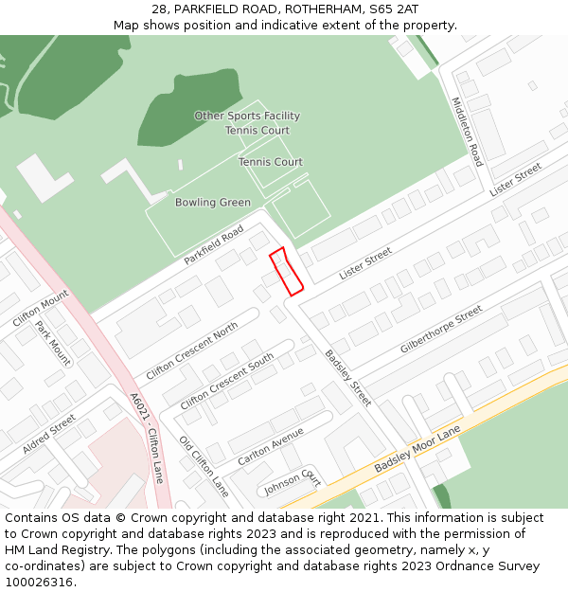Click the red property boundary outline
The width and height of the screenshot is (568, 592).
(286, 271)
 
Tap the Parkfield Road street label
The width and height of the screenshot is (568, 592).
(215, 244)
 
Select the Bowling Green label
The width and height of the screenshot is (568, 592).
(213, 203)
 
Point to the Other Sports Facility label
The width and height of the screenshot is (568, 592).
(247, 117)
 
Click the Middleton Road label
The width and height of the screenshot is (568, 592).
(467, 132)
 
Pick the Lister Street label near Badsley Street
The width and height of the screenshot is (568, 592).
(365, 262)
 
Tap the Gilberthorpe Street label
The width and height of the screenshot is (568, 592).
(441, 330)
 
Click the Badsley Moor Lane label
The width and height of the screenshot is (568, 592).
(417, 450)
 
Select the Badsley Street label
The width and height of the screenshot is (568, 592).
(347, 378)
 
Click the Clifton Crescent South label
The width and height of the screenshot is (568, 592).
(227, 381)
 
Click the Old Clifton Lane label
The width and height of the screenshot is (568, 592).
(204, 466)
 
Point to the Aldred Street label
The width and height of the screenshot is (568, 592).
(49, 433)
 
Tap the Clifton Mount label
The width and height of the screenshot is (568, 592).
(41, 309)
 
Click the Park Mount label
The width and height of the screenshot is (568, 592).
(53, 343)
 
